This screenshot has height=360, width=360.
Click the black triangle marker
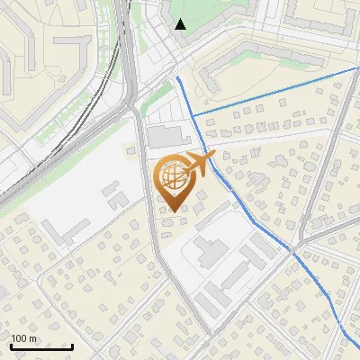tap(181, 24)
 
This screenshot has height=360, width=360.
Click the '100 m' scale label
tap(24, 338)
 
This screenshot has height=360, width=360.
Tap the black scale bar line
tap(41, 346)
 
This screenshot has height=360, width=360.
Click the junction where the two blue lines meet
tap(193, 116)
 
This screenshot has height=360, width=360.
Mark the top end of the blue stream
tap(178, 78)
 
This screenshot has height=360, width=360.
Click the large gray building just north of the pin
tap(165, 138)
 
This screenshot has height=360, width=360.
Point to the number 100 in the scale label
tap(20, 338)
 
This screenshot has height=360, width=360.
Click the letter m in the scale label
tap(33, 338)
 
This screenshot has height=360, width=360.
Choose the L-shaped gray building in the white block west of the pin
tap(112, 193)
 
